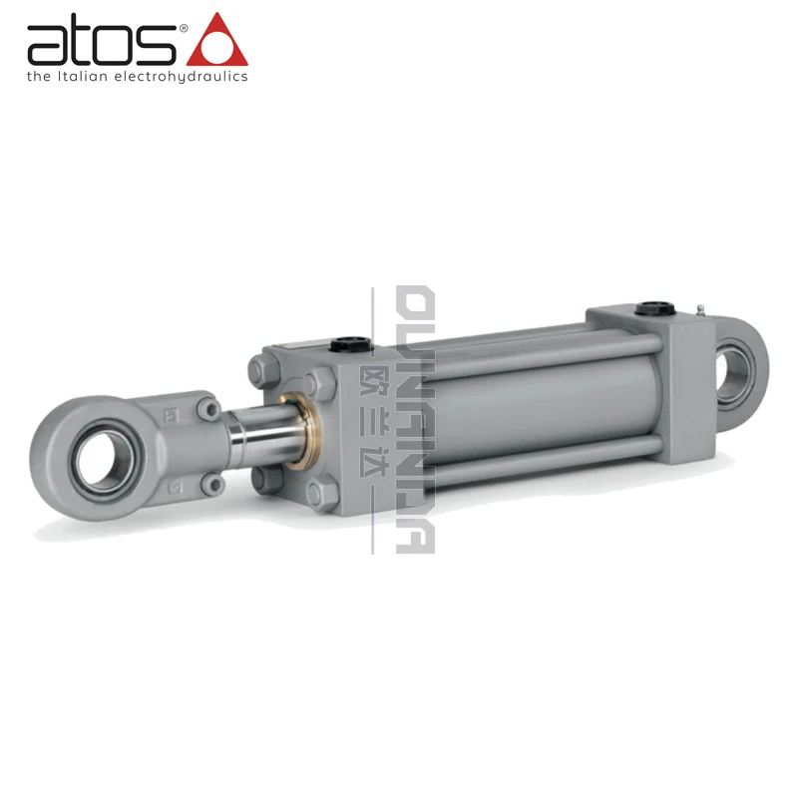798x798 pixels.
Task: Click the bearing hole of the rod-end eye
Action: tap(97, 460)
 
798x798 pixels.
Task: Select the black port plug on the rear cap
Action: tap(656, 307)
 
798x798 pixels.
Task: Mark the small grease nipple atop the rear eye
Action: tap(702, 308)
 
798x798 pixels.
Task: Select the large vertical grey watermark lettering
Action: tap(415, 419)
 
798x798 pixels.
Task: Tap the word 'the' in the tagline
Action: tap(38, 76)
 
